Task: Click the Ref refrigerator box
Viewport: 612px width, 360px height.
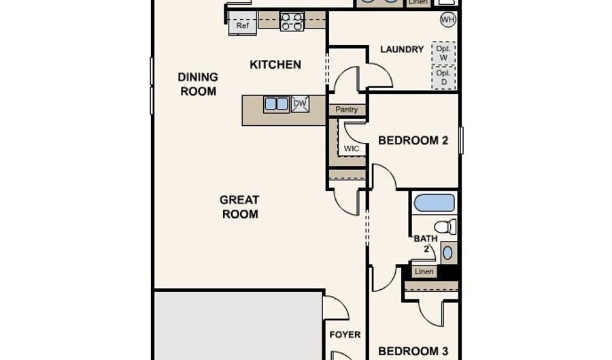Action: point(242,23)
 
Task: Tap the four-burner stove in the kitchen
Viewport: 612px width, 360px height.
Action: point(292,21)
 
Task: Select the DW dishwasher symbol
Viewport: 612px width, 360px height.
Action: point(300,104)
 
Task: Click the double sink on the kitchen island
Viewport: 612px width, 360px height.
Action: point(276,104)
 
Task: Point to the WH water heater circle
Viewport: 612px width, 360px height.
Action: point(448,20)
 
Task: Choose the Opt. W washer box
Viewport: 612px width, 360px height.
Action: point(443,53)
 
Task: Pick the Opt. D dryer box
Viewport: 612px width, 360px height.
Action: point(444,78)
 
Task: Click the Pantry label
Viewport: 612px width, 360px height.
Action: point(347,110)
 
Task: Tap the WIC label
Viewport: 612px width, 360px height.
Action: point(352,149)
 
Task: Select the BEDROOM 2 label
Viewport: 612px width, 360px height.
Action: point(413,141)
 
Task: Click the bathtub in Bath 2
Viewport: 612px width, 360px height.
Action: point(435,203)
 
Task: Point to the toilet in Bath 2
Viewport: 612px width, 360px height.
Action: point(445,227)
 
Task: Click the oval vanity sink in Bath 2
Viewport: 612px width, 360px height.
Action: point(448,253)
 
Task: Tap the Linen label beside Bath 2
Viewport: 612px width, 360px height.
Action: point(424,272)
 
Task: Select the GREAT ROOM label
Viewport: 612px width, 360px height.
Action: point(239,207)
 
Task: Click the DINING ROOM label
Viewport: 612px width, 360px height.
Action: point(198,84)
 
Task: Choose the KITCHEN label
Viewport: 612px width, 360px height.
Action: point(275,65)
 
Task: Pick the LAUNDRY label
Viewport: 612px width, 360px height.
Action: point(402,49)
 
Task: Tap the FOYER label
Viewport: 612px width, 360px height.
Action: point(345,335)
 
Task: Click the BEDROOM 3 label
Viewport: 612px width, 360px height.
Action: point(413,351)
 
